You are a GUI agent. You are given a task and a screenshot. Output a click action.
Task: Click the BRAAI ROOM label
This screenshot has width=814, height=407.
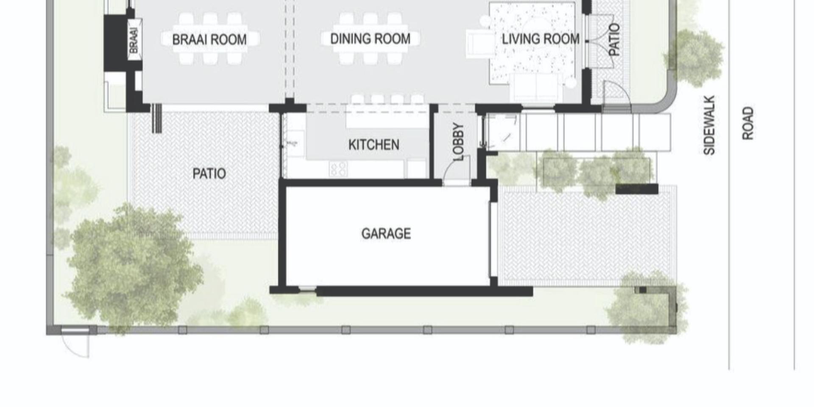[209, 39]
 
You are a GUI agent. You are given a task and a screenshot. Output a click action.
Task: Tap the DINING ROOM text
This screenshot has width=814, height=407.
[370, 39]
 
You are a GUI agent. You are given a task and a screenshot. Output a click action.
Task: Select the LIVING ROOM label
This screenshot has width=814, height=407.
[541, 39]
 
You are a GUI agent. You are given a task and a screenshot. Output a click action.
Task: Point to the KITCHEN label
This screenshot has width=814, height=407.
[374, 145]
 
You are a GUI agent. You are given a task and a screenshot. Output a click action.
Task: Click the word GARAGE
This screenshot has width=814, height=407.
[386, 234]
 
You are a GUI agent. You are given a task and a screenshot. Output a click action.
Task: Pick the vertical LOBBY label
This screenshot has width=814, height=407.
[458, 142]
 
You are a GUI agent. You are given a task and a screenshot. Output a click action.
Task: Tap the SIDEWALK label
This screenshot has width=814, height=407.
[709, 125]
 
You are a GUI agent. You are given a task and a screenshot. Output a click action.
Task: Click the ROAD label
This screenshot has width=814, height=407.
[748, 123]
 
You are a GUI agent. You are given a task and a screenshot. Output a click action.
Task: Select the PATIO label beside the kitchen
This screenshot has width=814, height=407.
[209, 173]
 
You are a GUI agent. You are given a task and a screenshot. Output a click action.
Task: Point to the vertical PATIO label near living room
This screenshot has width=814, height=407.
[614, 39]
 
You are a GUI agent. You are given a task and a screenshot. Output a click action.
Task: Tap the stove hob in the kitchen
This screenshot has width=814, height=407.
[338, 169]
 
